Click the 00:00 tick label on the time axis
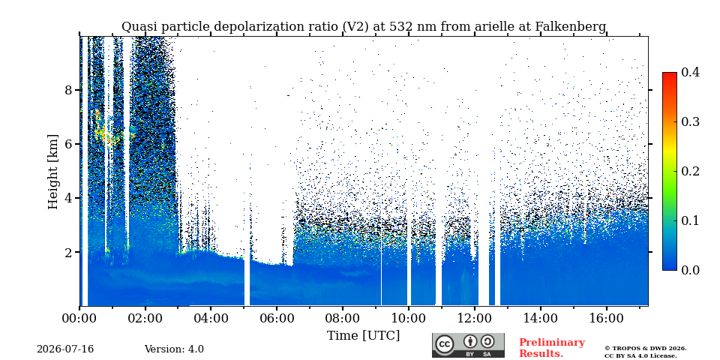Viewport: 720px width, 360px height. click(79, 319)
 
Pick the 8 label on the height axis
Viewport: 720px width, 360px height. click(68, 89)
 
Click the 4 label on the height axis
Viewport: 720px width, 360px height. click(68, 198)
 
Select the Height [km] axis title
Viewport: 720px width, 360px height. click(53, 172)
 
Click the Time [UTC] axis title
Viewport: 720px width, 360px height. click(363, 336)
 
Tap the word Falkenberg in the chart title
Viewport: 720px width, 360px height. click(571, 27)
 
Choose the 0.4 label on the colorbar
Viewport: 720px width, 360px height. click(691, 72)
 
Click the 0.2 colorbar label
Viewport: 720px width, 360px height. click(691, 171)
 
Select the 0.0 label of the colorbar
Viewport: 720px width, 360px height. click(691, 270)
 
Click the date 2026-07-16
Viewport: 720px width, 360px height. click(65, 349)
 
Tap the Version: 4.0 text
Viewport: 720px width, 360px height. click(174, 349)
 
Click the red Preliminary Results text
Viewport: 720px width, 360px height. click(552, 348)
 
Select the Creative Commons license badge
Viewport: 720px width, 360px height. click(468, 345)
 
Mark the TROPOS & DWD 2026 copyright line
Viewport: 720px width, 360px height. click(646, 349)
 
